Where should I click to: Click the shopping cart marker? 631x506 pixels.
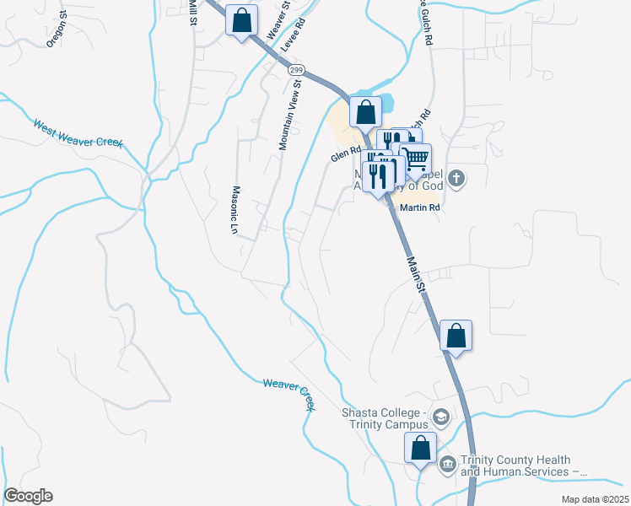pos(416,159)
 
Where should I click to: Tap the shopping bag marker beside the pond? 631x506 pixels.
pos(366,111)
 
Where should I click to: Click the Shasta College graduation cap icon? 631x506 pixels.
pos(440,417)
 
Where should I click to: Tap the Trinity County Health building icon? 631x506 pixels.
pos(447,462)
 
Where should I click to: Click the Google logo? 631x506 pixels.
pos(28,496)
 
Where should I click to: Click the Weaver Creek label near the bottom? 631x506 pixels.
pos(289,395)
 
